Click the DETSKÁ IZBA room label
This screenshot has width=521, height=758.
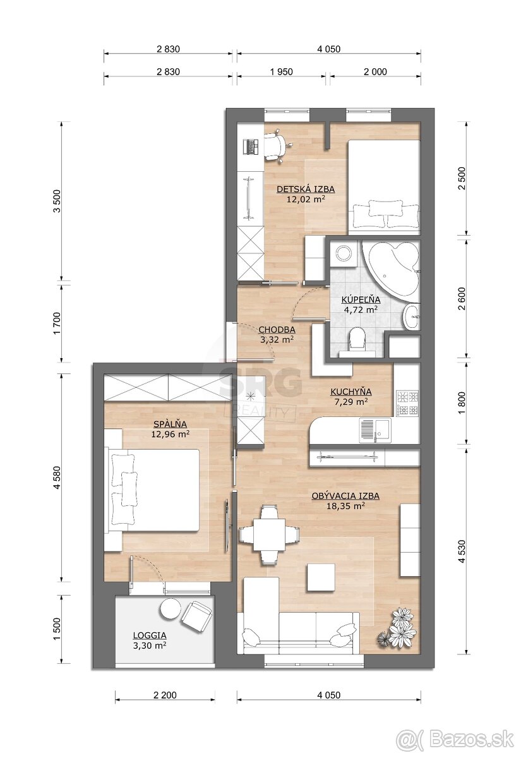(306, 189)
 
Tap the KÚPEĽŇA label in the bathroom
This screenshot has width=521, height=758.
(361, 299)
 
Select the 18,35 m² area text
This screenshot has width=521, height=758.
(345, 506)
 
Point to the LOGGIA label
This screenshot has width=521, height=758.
(150, 635)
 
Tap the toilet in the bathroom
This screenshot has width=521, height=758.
(357, 341)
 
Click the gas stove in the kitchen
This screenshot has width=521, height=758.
(408, 404)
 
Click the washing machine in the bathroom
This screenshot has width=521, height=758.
(345, 253)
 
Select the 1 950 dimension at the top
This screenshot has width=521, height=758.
(282, 72)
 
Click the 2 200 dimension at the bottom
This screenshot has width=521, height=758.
(165, 695)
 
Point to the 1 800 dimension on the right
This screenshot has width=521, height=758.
(462, 404)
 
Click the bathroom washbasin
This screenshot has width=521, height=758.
(412, 316)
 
